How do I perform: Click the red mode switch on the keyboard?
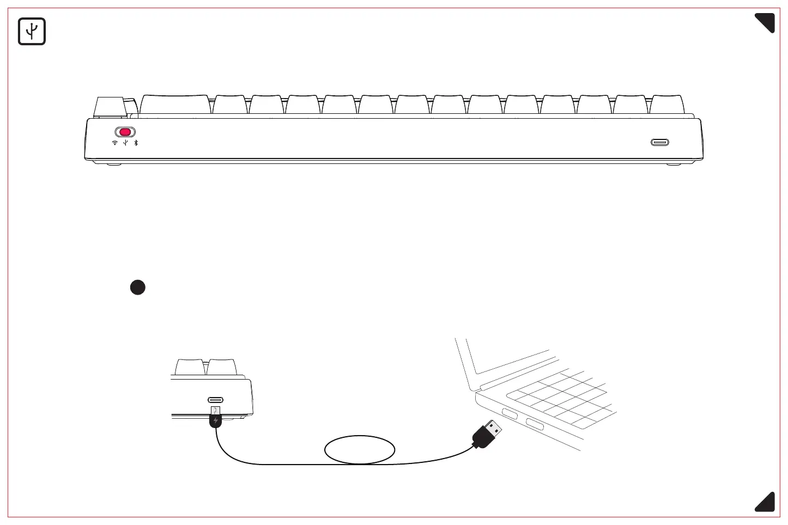(125, 132)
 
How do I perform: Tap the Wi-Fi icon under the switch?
(114, 143)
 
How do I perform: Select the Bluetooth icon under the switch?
(136, 143)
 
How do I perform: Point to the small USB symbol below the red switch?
(125, 143)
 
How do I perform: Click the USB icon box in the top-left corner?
(32, 32)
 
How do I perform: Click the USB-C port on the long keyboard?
(659, 143)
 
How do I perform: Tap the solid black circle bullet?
(138, 287)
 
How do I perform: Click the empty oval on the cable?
(359, 450)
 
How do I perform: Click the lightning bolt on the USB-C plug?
(216, 420)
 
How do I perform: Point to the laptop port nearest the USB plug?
(510, 414)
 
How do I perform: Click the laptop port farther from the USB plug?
(534, 424)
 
